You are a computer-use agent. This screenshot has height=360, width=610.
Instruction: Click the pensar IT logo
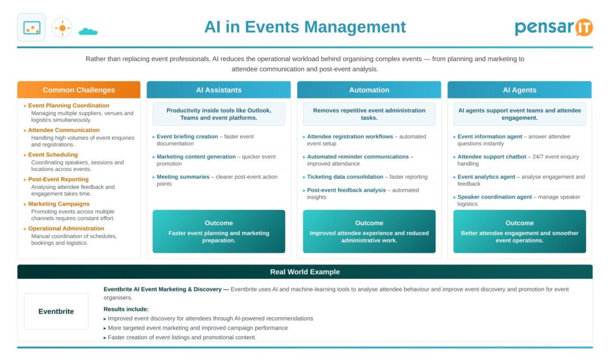[x=553, y=27]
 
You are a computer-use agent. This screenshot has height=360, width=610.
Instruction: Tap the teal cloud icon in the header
[x=88, y=32]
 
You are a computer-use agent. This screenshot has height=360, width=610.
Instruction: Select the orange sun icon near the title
[x=62, y=28]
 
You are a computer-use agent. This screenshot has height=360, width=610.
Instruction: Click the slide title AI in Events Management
[x=305, y=27]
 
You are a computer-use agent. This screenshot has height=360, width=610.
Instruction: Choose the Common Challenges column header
[x=79, y=90]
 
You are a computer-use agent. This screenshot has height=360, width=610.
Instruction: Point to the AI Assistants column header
[x=219, y=90]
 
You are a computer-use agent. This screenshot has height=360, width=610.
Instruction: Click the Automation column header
[x=369, y=90]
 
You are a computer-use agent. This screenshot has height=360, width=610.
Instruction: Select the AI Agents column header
[x=519, y=90]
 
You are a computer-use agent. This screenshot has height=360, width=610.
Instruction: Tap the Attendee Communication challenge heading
[x=64, y=130]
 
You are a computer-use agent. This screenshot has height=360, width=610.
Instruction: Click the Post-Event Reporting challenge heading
[x=58, y=179]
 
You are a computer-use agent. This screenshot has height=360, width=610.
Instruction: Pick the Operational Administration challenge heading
[x=66, y=228]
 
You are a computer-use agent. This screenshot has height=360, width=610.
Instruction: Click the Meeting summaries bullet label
[x=183, y=176]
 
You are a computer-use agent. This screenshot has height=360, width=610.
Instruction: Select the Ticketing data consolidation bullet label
[x=345, y=176]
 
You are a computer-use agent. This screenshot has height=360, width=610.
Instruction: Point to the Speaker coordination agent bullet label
[x=494, y=197]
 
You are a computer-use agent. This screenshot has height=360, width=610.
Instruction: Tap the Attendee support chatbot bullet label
[x=491, y=156]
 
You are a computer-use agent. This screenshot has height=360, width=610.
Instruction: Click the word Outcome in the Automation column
[x=369, y=223]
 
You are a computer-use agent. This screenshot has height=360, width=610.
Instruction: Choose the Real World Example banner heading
[x=305, y=272]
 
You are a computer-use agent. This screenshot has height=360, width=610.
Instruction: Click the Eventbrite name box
[x=56, y=311]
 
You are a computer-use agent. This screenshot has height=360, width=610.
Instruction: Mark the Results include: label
[x=126, y=309]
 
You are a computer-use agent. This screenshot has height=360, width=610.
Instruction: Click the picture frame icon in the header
[x=32, y=27]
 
